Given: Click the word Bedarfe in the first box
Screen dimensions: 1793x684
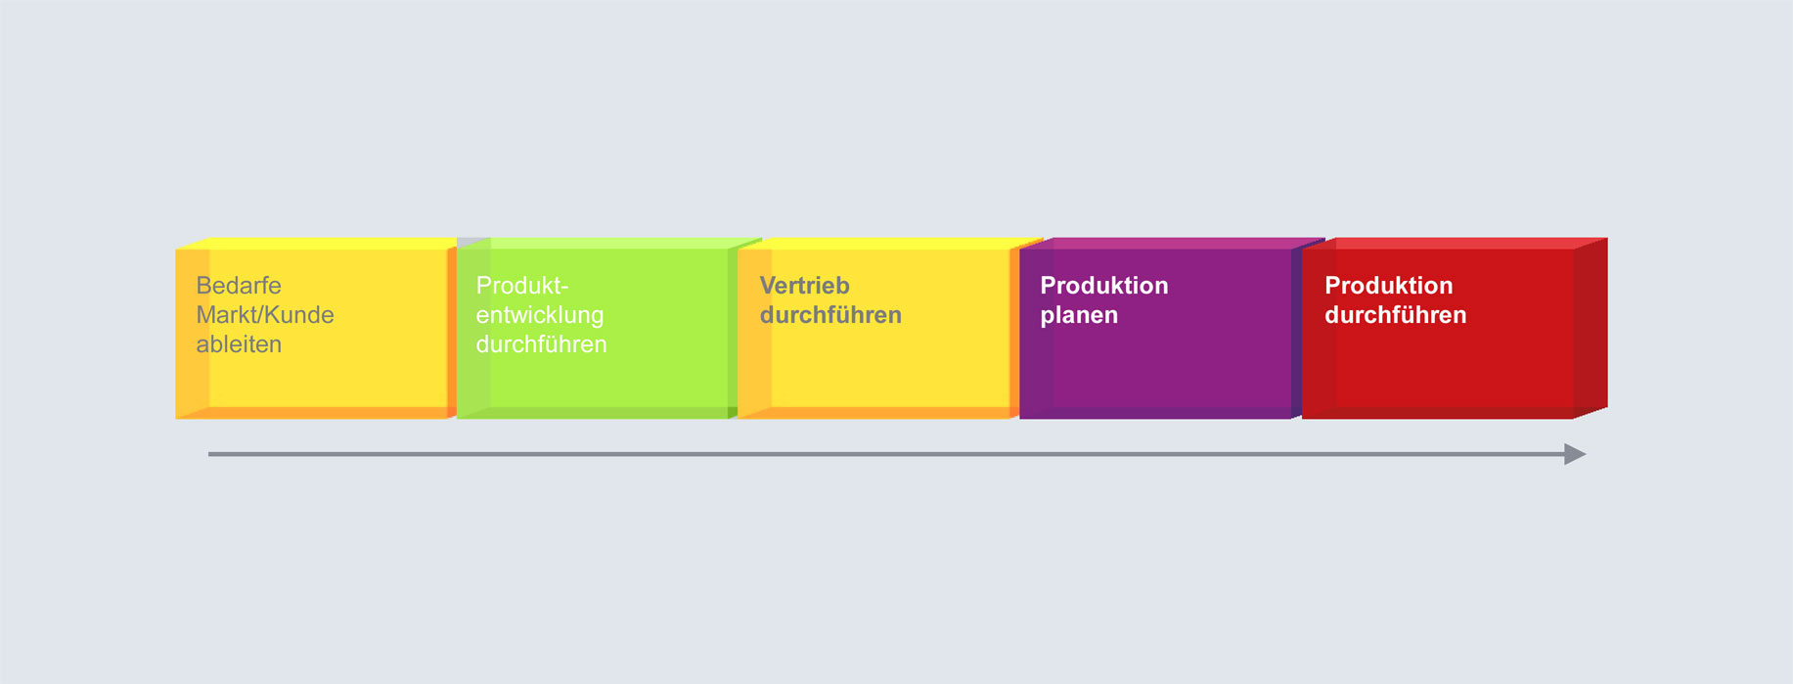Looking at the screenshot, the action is coord(239,286).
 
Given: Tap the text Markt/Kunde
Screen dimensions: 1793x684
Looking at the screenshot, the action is coord(265,315).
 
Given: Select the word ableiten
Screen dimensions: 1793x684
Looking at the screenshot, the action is coord(239,344).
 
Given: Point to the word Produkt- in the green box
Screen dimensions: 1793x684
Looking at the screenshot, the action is coord(522,286).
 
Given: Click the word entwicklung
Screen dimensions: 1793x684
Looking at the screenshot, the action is coord(540,315).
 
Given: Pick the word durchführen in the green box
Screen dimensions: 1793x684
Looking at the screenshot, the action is coord(542,344).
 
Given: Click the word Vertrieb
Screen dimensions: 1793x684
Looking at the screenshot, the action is coord(805,286).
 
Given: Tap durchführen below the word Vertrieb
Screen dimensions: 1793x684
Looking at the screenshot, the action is coord(830,315).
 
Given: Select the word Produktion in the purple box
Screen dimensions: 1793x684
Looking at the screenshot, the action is coord(1104,286).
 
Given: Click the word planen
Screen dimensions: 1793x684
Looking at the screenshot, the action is coord(1079,315).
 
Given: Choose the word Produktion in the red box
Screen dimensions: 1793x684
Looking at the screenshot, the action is coord(1389,286).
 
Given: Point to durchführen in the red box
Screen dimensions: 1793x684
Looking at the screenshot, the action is coord(1396,315).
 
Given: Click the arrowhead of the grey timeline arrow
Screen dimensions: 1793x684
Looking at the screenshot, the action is coord(1575,454).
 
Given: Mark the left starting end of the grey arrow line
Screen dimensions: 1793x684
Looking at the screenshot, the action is coord(209,454).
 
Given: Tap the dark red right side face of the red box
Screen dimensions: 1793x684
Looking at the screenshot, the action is coord(1591,328).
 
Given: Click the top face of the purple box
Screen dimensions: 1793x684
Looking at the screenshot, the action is coord(1172,244).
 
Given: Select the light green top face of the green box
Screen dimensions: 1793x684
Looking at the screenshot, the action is coord(608,244).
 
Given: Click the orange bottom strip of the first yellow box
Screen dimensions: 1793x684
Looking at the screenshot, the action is coord(312,413).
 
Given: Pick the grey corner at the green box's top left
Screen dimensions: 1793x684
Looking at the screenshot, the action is coord(473,243).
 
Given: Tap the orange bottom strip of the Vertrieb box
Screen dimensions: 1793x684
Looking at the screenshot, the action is coord(874,413).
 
